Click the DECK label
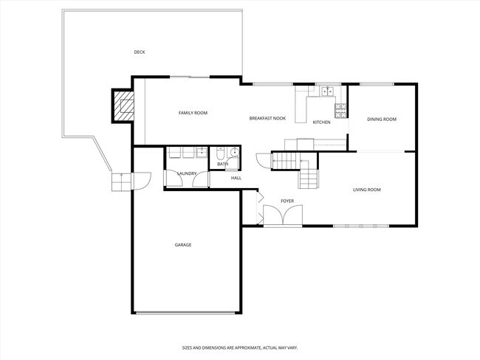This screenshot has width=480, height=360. pyautogui.click(x=139, y=52)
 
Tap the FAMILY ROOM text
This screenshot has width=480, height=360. pyautogui.click(x=193, y=113)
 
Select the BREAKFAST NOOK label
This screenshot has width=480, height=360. pyautogui.click(x=267, y=118)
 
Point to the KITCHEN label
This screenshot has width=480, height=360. pyautogui.click(x=321, y=122)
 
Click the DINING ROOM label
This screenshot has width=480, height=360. pyautogui.click(x=382, y=119)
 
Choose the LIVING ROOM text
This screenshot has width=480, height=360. pyautogui.click(x=366, y=190)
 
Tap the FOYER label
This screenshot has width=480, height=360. pyautogui.click(x=287, y=201)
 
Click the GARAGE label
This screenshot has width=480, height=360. pyautogui.click(x=183, y=245)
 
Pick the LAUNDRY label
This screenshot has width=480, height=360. pyautogui.click(x=186, y=173)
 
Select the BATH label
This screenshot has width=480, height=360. pyautogui.click(x=222, y=164)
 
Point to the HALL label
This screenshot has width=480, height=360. pyautogui.click(x=236, y=178)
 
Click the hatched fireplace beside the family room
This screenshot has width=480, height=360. pyautogui.click(x=124, y=107)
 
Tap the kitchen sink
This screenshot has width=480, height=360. pyautogui.click(x=326, y=92)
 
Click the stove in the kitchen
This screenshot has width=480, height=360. pyautogui.click(x=341, y=110)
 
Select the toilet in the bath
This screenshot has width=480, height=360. pyautogui.click(x=221, y=154)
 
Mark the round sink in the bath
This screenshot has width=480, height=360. pyautogui.click(x=234, y=153)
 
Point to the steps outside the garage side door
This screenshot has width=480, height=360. pyautogui.click(x=119, y=181)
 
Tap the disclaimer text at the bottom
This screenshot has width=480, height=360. pyautogui.click(x=239, y=347)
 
